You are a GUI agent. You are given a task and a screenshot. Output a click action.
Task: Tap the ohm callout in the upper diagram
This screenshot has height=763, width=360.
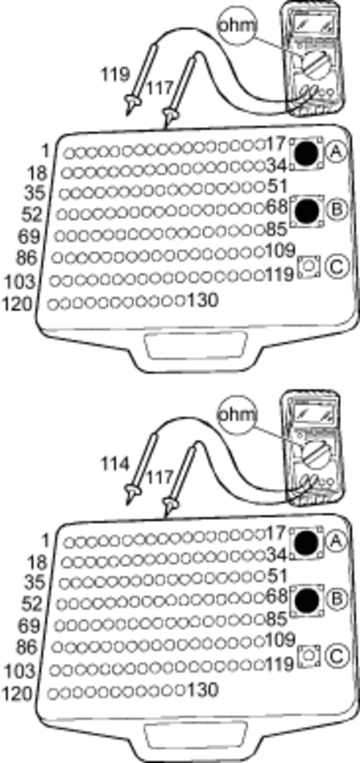237,25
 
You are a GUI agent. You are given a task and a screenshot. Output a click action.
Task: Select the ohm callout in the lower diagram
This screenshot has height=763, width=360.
237,415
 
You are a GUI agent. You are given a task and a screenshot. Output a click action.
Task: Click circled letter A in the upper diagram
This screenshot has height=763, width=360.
337,153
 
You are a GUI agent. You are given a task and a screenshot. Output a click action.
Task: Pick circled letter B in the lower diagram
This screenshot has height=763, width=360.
337,599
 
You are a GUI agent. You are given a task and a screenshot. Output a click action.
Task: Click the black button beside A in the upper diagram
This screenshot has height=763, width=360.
307,153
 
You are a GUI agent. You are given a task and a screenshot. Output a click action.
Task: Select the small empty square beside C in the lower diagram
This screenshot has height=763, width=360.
308,654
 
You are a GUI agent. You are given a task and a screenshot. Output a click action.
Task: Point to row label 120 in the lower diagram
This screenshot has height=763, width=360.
17,693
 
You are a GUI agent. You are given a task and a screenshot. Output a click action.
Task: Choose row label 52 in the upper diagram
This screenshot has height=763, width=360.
32,213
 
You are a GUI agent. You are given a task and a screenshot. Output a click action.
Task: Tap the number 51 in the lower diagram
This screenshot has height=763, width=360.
277,575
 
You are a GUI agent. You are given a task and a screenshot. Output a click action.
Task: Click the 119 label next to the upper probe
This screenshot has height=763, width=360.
116,75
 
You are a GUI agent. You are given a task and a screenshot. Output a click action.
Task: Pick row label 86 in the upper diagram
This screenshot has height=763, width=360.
27,257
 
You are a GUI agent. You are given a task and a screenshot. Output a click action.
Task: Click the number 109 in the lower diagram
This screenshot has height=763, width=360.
281,639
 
